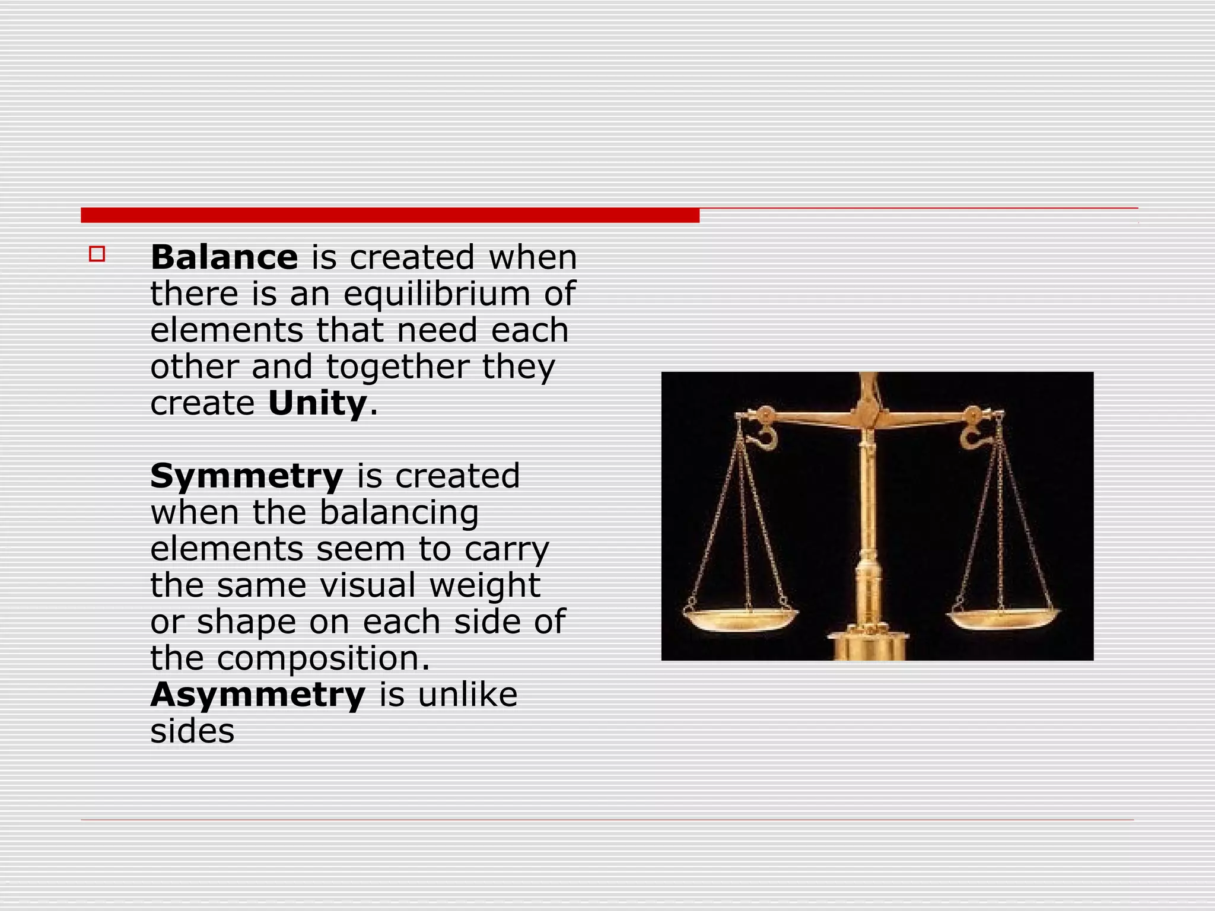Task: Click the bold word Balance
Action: point(224,257)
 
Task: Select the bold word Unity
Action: point(317,404)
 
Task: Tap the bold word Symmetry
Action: point(246,476)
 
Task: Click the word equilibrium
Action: point(437,294)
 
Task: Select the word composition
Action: point(323,658)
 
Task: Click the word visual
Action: point(368,585)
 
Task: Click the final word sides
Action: point(192,731)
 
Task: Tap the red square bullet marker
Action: point(97,254)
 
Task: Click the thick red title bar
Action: point(390,215)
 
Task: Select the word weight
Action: point(485,585)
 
